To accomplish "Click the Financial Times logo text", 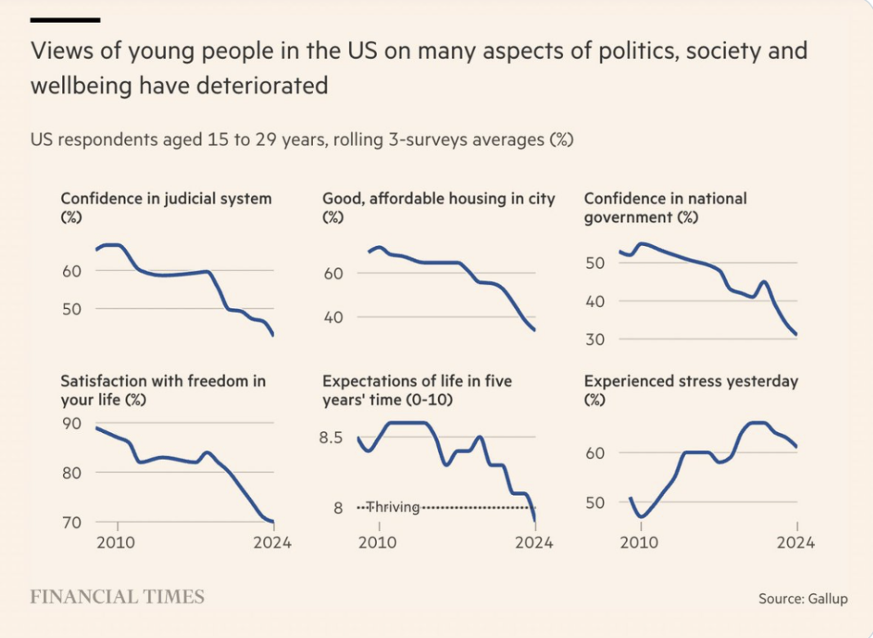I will tap(117, 596).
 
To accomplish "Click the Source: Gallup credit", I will tap(803, 599).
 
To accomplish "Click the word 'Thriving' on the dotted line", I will tap(392, 507).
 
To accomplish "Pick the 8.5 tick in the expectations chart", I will tap(330, 438).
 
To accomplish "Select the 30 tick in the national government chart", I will tap(594, 339).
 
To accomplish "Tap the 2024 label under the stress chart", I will tap(796, 542).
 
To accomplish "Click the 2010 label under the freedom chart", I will tap(118, 542).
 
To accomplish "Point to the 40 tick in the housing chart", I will tap(332, 317).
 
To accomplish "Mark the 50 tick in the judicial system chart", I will tap(71, 309).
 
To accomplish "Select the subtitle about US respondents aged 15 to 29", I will tap(302, 140).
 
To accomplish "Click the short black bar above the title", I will tap(65, 19).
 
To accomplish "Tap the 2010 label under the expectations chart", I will tap(378, 542).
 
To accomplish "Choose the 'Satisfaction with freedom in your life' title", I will tap(163, 390).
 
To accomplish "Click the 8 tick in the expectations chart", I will tap(337, 508).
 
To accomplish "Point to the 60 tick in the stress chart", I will tap(594, 453).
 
